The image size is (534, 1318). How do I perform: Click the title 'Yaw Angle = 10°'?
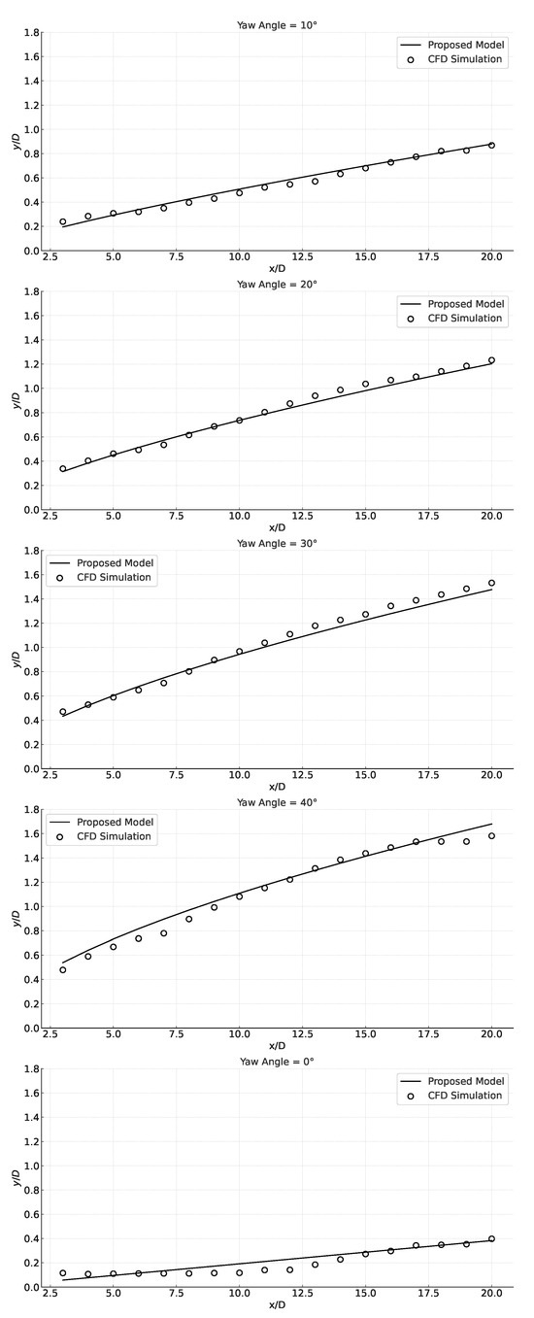[277, 24]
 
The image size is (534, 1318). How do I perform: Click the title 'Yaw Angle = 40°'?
[277, 802]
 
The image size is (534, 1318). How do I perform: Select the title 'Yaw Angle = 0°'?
[277, 1062]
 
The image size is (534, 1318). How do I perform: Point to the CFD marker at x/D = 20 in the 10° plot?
[491, 145]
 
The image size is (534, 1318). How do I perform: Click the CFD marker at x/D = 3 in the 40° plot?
[63, 969]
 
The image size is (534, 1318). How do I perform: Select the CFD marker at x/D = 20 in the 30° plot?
[491, 583]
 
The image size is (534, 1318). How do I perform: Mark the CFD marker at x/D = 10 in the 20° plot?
[239, 421]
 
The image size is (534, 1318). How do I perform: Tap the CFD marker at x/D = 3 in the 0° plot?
[63, 1272]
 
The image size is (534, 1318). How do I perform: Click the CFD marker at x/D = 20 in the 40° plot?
[491, 835]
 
